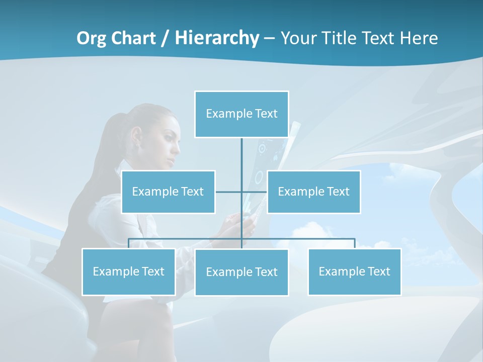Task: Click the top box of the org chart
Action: point(242,114)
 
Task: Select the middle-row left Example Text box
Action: point(168,192)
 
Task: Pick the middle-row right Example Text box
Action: point(313,192)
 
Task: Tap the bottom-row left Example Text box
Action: point(128,271)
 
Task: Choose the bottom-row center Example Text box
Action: point(242,272)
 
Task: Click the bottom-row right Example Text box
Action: point(354,271)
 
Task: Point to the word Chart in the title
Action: point(132,38)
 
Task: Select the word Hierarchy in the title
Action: point(217,38)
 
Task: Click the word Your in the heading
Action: point(298,38)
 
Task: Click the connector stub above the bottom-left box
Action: point(129,243)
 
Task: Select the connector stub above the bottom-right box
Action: point(355,243)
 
